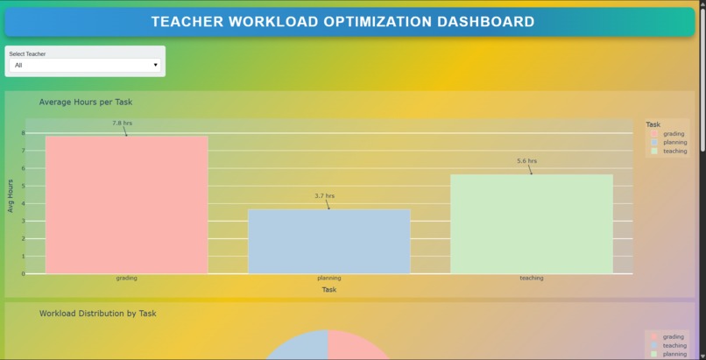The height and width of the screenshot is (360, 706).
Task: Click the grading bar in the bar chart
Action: (126, 204)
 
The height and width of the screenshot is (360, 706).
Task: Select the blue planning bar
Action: (328, 241)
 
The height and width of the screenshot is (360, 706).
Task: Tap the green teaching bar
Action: (531, 223)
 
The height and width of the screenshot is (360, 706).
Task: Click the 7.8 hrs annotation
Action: (122, 124)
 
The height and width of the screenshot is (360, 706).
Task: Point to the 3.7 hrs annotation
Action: (324, 196)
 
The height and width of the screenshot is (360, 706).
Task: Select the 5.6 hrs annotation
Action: (526, 161)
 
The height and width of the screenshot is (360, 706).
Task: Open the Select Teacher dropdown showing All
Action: (85, 65)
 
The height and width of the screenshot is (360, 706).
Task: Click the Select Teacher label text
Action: (27, 53)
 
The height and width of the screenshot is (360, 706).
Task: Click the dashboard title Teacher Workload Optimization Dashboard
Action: (342, 22)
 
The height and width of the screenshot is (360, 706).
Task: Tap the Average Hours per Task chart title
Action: (86, 102)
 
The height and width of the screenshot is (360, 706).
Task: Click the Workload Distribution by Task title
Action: (97, 314)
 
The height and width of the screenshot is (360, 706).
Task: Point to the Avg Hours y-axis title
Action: (11, 196)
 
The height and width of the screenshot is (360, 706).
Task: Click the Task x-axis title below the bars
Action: (328, 289)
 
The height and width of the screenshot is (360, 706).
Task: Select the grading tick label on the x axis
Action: (126, 279)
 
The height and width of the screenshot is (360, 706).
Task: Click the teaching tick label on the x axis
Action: (531, 279)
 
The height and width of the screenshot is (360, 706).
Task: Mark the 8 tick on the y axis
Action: (23, 133)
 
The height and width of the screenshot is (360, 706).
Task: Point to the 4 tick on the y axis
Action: (23, 203)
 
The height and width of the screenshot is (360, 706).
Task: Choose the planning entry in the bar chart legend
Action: (674, 142)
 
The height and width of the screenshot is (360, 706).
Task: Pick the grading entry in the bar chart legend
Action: (673, 134)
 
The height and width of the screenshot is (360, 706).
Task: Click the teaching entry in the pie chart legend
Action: (674, 345)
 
